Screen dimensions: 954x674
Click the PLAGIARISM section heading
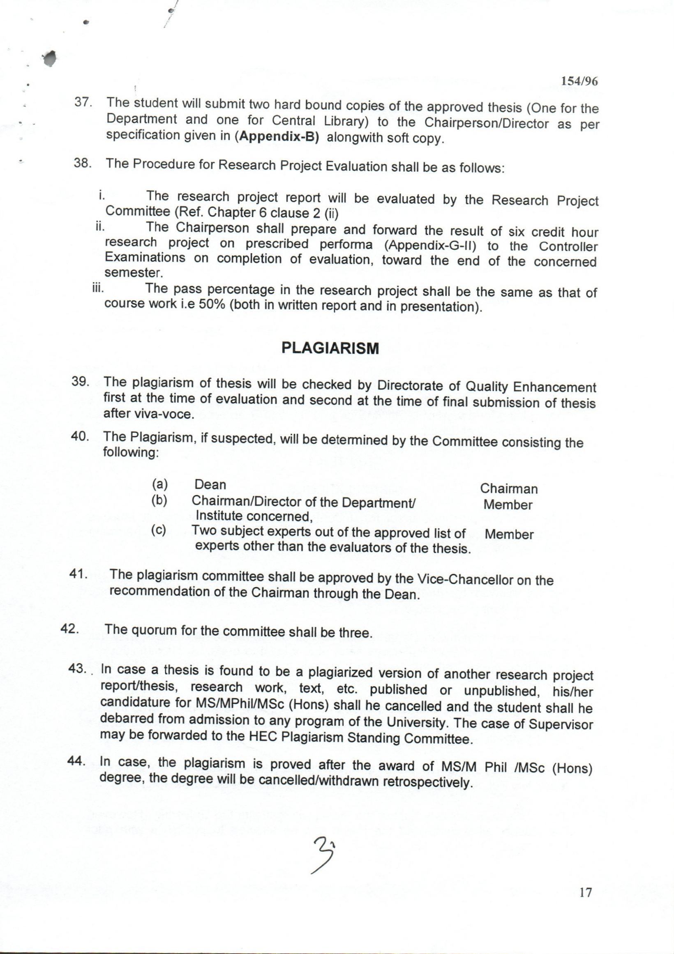(330, 348)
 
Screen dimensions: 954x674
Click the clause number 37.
(83, 102)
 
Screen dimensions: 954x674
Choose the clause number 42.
(70, 628)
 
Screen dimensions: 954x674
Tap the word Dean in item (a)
(210, 484)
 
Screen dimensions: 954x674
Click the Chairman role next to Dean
(509, 489)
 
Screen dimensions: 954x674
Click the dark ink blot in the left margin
(50, 59)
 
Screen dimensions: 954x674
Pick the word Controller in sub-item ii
(568, 247)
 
